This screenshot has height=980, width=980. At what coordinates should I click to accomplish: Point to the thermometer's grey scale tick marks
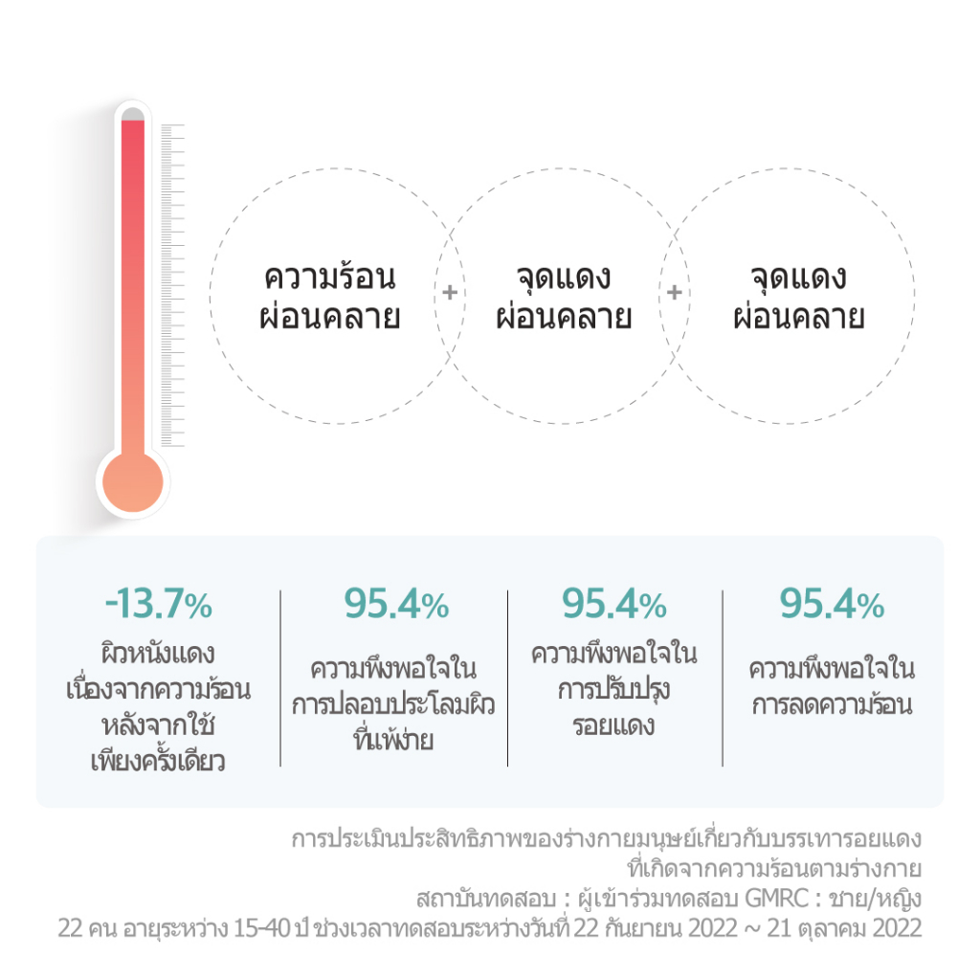tap(172, 287)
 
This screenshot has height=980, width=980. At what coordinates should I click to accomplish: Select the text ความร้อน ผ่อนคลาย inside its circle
tap(329, 298)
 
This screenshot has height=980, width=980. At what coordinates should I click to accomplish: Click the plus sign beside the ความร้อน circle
tap(448, 293)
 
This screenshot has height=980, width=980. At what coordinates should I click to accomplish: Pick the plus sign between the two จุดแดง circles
tap(674, 293)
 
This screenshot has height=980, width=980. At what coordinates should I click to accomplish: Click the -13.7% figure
tap(158, 605)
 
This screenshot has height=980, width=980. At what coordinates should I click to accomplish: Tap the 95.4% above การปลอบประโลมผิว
tap(395, 605)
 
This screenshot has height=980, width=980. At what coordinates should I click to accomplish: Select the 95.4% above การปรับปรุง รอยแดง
tap(614, 605)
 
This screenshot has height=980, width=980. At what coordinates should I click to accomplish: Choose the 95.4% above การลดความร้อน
tap(832, 605)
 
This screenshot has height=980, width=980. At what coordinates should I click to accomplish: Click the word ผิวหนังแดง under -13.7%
tap(158, 656)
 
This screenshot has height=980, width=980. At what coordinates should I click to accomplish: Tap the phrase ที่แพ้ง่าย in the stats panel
tap(393, 739)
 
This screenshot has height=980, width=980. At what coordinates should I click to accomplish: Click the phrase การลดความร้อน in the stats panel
tap(832, 706)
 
